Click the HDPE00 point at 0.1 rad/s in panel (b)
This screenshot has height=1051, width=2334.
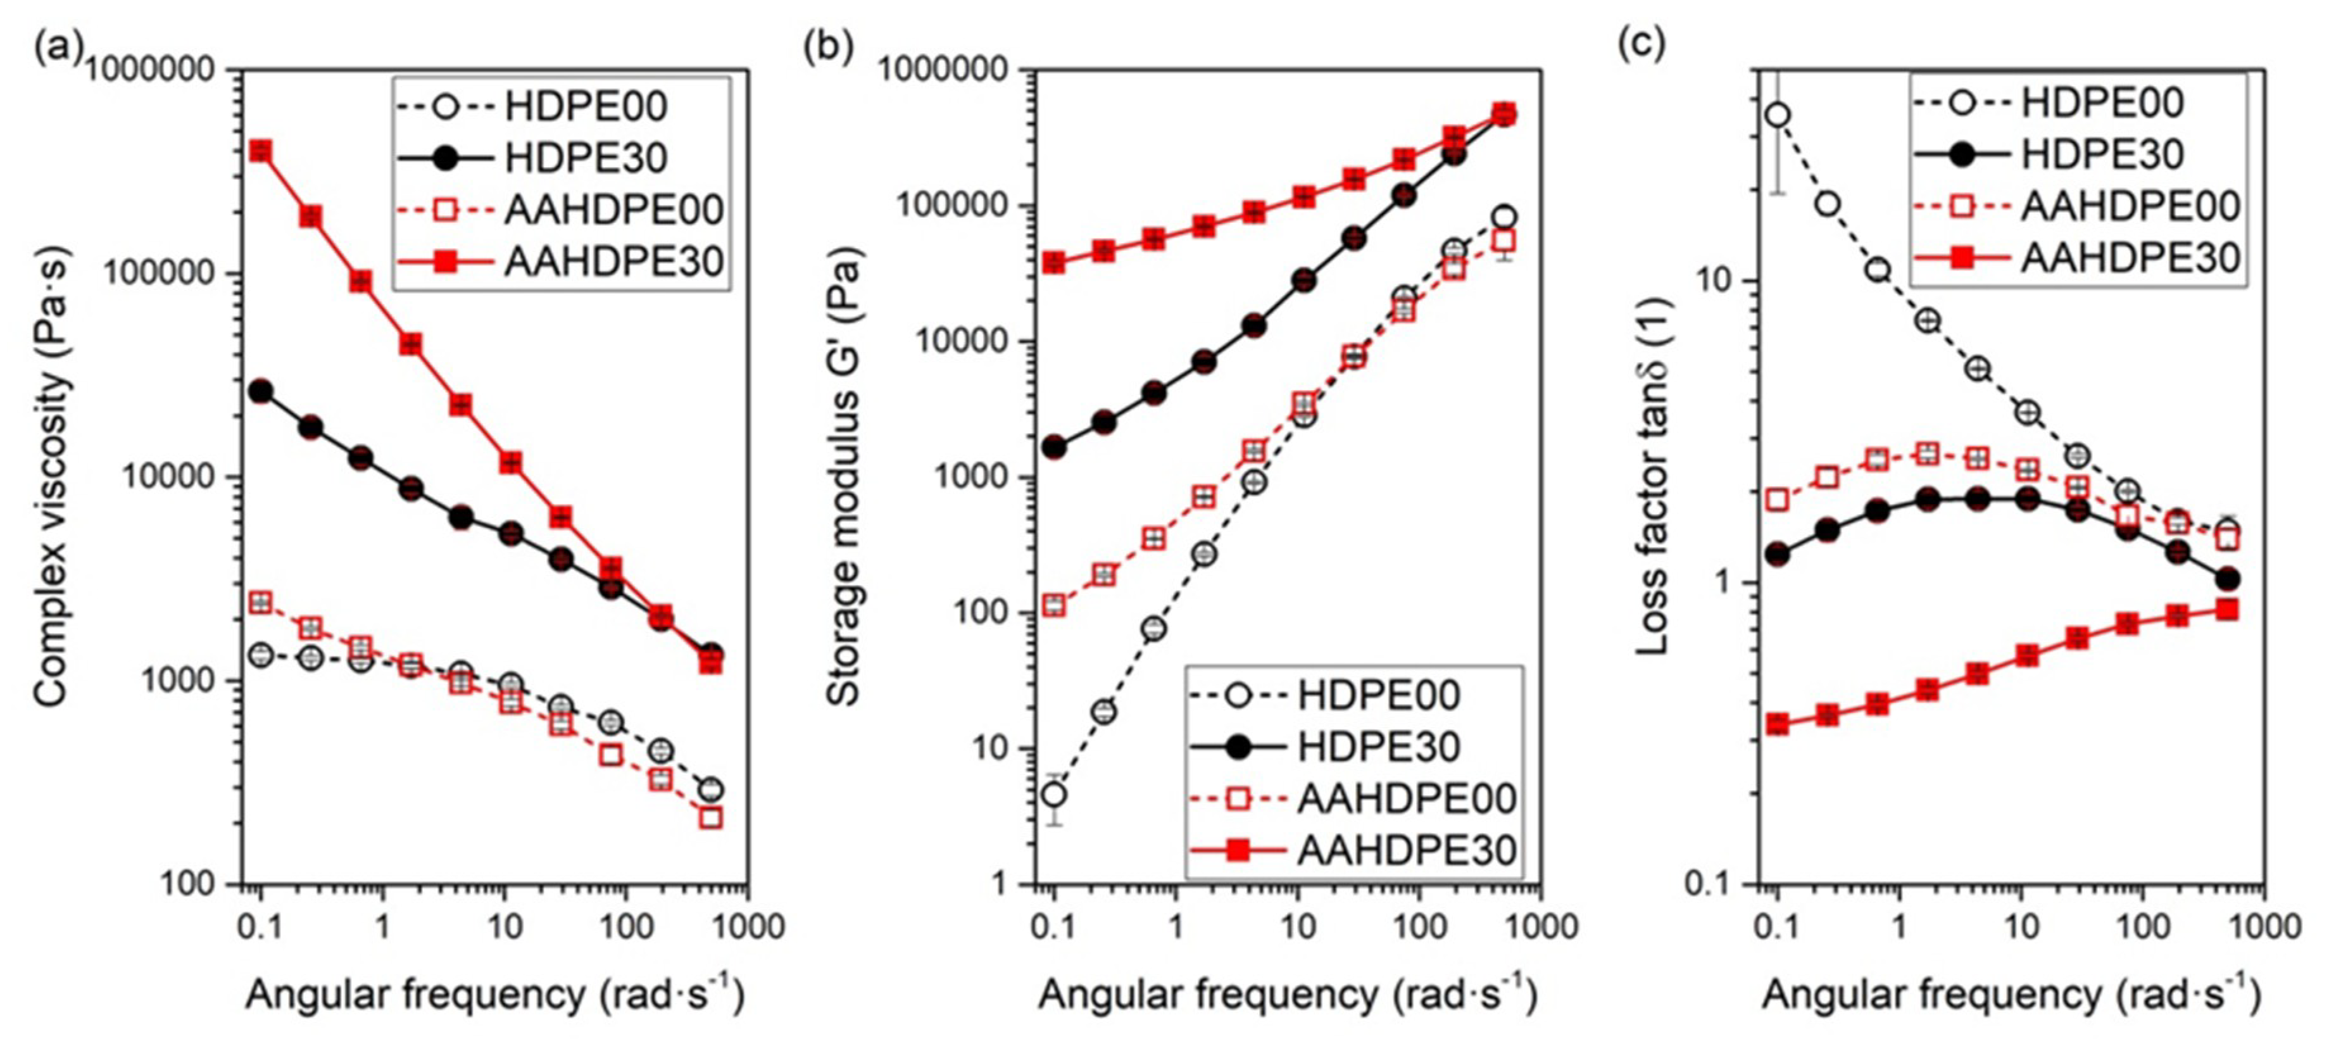point(1054,795)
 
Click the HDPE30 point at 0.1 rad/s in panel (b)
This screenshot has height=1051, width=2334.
point(1054,447)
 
